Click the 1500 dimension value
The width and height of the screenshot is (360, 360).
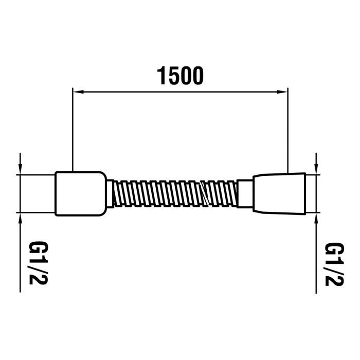point(181,76)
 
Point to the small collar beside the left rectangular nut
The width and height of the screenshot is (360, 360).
point(110,193)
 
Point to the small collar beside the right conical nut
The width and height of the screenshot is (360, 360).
point(245,193)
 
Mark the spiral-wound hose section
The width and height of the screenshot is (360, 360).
point(175,193)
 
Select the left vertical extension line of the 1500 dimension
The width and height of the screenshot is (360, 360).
point(72,129)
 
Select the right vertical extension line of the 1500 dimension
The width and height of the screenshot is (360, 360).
point(287,129)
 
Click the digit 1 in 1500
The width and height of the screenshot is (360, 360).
point(161,76)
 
